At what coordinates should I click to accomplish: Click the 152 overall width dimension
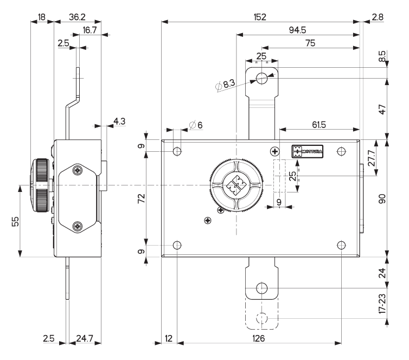[x=260, y=17]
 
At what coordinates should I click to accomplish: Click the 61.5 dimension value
[x=319, y=125]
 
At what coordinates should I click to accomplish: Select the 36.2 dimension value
[x=78, y=17]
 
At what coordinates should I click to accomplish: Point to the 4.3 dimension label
[x=119, y=121]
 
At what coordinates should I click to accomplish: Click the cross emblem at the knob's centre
[x=237, y=186]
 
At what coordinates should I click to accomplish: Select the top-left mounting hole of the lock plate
[x=177, y=151]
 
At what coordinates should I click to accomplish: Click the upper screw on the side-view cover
[x=79, y=171]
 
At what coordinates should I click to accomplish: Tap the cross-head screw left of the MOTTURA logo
[x=276, y=150]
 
